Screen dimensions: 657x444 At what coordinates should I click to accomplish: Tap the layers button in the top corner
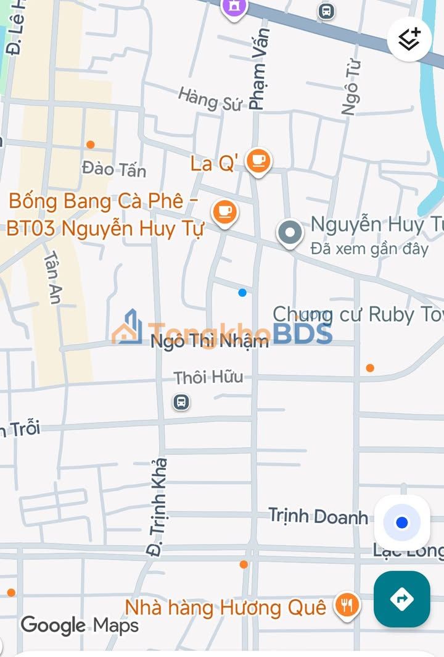pos(409,39)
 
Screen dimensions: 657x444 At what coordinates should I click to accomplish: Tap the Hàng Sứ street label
pos(210,99)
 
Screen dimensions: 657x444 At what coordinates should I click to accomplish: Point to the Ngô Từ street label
pos(351,86)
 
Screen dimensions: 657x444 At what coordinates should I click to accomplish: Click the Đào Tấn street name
pos(114,169)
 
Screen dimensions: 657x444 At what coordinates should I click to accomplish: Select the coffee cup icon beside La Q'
pos(258,161)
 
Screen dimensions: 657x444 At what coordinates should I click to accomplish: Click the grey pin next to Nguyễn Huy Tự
pos(290,233)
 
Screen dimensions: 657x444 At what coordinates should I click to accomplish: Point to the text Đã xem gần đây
pos(369,249)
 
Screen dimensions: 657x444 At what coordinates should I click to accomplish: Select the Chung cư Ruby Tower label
pos(358,314)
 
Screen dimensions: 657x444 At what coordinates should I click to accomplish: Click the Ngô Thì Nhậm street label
pos(210,341)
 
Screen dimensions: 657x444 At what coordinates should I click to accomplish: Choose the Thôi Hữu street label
pos(208,377)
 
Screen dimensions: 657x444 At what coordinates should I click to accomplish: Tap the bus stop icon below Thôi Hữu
pos(181,403)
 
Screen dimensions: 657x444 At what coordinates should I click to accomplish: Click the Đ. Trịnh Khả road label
pos(158,506)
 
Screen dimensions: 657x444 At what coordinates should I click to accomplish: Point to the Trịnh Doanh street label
pos(318,516)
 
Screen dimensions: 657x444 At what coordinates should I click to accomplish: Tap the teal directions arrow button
pos(401,598)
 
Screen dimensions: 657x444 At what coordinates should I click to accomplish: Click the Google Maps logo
pos(80,625)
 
